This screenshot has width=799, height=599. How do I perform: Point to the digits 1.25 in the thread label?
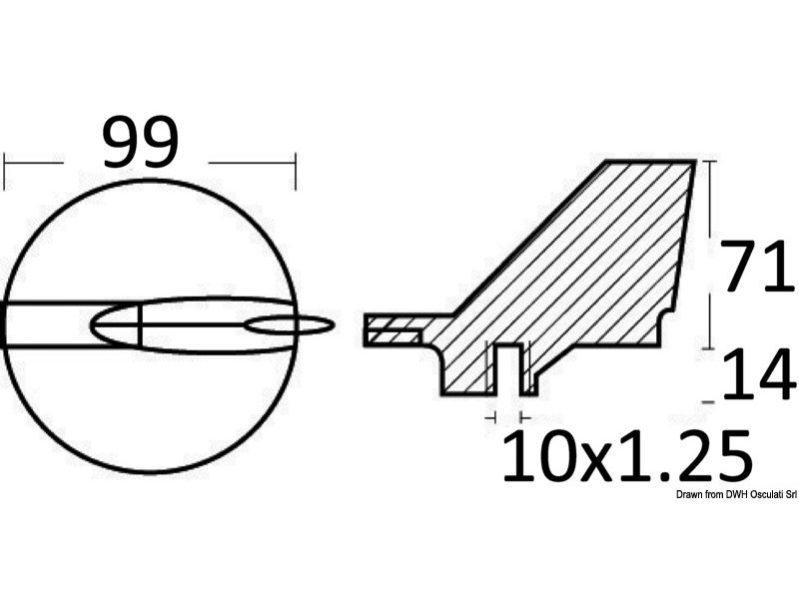tap(679, 456)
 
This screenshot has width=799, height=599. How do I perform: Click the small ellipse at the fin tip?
tap(290, 324)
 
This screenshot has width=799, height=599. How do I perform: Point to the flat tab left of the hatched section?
tap(395, 330)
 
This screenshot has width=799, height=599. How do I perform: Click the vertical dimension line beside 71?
tap(710, 250)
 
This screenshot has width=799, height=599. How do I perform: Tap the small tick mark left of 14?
tap(708, 400)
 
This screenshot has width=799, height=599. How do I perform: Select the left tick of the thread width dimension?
tap(493, 415)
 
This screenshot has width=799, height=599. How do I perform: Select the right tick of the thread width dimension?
tap(523, 415)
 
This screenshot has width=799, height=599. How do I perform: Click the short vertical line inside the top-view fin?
tap(141, 324)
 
